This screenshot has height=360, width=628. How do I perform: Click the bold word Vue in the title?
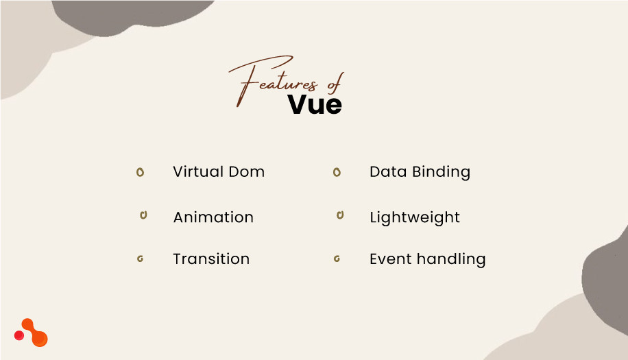tap(315, 104)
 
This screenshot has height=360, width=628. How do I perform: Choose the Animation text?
tap(213, 217)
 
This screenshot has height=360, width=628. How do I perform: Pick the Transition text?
tap(211, 259)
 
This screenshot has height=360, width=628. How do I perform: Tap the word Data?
tap(388, 171)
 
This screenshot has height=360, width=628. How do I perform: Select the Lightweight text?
tap(415, 218)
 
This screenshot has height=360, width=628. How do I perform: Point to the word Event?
tap(389, 259)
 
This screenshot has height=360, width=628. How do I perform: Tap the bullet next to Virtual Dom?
tap(140, 172)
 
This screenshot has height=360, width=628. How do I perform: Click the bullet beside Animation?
tap(143, 215)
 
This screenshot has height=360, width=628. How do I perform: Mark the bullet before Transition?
tap(140, 259)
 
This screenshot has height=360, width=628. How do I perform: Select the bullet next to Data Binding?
tap(337, 172)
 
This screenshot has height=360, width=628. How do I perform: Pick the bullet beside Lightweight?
tap(339, 215)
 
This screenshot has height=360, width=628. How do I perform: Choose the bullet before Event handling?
tap(337, 259)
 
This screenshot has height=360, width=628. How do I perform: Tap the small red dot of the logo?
tap(19, 335)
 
